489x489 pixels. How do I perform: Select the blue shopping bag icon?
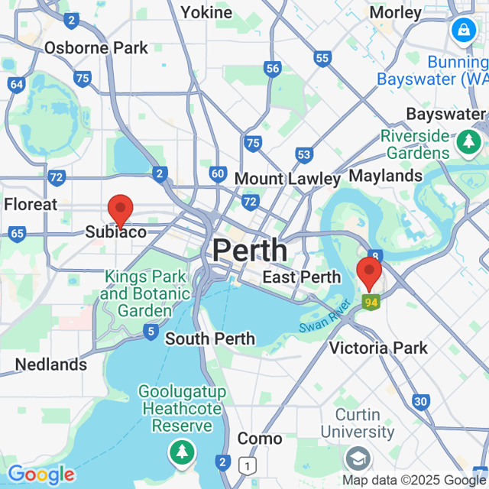463,31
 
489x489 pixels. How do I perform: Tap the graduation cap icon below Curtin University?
356,458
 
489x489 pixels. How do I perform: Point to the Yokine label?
206,12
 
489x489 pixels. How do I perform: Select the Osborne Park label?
96,48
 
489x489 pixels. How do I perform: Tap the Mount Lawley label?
287,179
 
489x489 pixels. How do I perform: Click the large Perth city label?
250,250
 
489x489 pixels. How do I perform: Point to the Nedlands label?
51,364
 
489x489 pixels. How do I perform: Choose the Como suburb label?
259,439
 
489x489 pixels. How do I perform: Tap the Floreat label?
31,204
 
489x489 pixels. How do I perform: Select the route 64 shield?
17,84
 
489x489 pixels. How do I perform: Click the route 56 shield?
273,69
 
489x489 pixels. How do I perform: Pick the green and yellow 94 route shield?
371,303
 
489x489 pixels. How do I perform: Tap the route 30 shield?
420,400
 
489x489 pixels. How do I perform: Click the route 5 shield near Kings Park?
151,332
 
